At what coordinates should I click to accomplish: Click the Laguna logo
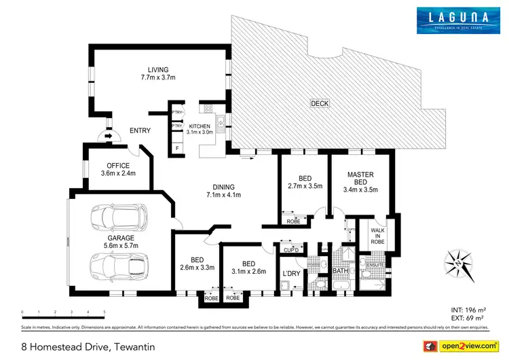pyautogui.click(x=454, y=20)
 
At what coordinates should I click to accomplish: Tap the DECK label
pyautogui.click(x=319, y=103)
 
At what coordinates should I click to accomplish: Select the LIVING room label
pyautogui.click(x=158, y=69)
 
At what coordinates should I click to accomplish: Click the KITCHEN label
pyautogui.click(x=200, y=126)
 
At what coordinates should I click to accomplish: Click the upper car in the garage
pyautogui.click(x=119, y=217)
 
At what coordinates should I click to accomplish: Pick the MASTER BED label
pyautogui.click(x=360, y=179)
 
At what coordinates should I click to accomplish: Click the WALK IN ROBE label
pyautogui.click(x=377, y=234)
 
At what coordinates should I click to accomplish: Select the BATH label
pyautogui.click(x=340, y=272)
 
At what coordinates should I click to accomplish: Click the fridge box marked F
pyautogui.click(x=177, y=147)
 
